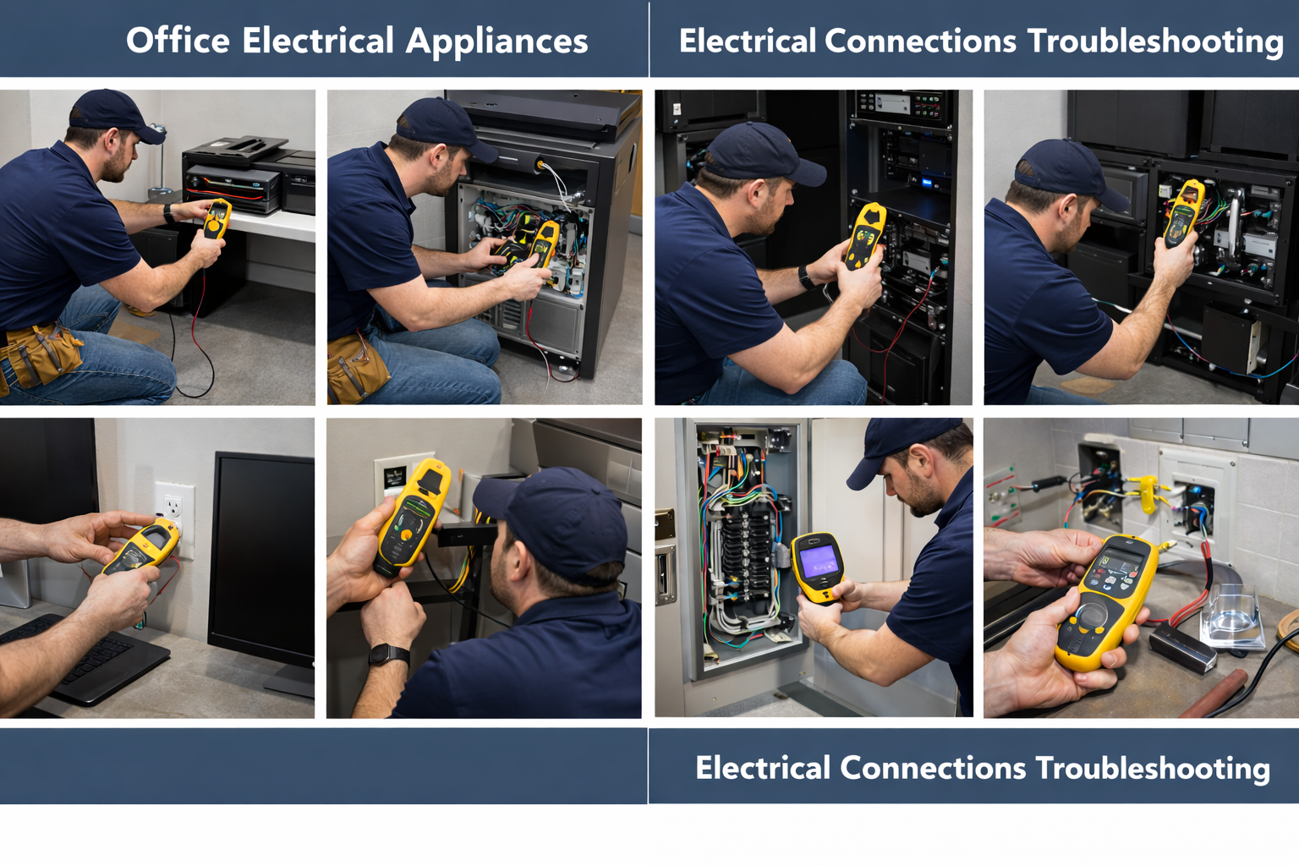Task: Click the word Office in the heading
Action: pos(178,41)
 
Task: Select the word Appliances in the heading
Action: pos(496,41)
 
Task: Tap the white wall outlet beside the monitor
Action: pos(174,519)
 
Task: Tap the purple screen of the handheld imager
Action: pos(819,561)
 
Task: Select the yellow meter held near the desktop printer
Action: pos(217,218)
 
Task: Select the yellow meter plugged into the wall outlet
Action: pos(142,546)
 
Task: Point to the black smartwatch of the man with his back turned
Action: pos(390,655)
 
